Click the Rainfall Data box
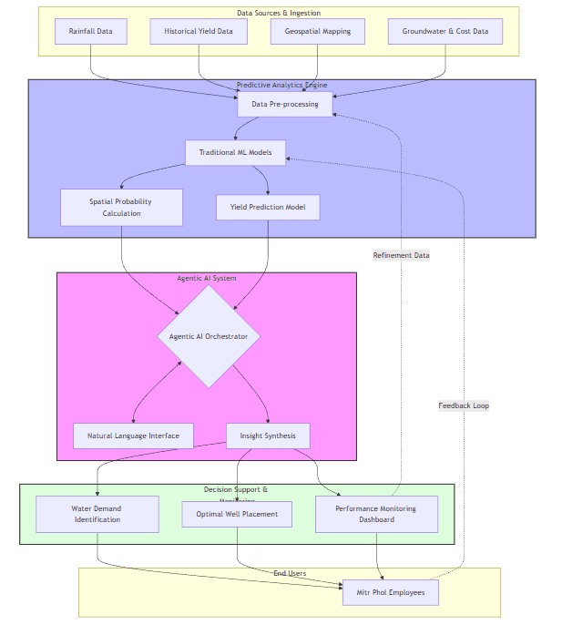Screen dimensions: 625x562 [x=91, y=31]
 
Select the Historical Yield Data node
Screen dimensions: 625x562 [x=199, y=31]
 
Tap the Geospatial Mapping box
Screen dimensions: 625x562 [x=317, y=31]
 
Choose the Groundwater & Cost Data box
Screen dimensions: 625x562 [x=445, y=31]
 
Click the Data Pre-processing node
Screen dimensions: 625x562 [x=285, y=104]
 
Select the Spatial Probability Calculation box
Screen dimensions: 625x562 [x=121, y=207]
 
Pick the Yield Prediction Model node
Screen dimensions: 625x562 [x=268, y=207]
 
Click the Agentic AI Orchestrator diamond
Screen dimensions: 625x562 [x=209, y=336]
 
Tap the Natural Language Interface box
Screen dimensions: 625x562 [x=133, y=435]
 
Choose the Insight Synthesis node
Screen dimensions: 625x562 [x=268, y=435]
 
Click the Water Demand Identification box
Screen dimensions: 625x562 [x=97, y=514]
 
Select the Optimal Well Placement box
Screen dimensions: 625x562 [x=237, y=514]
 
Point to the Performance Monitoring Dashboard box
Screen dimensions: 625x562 [x=376, y=514]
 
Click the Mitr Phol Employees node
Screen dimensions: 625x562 [x=391, y=592]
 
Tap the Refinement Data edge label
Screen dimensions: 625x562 [x=401, y=255]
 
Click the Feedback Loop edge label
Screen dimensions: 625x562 [x=464, y=405]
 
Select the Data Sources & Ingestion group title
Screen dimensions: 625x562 [x=279, y=13]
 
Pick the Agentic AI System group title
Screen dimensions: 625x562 [x=207, y=278]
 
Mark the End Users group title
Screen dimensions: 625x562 [x=290, y=573]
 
